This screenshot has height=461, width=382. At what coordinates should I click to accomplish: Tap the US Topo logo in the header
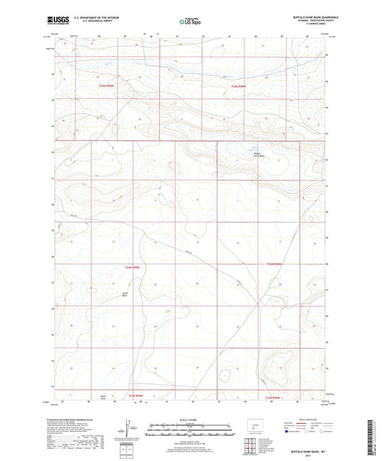point(191,22)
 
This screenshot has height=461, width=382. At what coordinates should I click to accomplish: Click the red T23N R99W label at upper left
point(107,86)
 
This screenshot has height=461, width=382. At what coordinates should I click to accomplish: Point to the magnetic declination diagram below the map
point(128,428)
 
